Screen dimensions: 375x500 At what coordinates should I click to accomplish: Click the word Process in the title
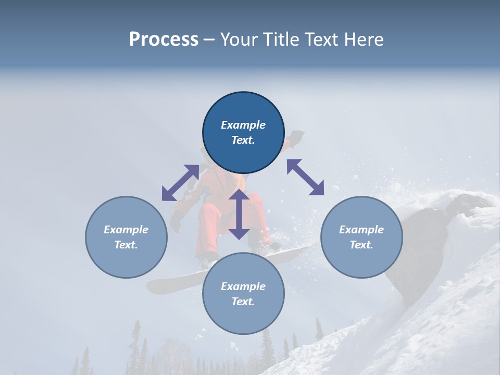[164, 40]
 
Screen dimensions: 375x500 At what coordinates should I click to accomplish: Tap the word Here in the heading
[364, 40]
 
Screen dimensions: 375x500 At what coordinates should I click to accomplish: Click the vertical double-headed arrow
[239, 214]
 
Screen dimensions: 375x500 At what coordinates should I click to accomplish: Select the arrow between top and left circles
[180, 182]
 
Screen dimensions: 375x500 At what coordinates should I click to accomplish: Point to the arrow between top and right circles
[305, 177]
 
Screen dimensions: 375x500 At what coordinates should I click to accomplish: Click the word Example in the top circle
[243, 125]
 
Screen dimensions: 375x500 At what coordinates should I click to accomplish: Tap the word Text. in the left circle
[126, 245]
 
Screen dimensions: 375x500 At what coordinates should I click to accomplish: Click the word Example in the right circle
[361, 230]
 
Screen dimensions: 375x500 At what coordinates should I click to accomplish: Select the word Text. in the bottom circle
[243, 302]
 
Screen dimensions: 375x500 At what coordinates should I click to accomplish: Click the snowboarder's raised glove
[296, 137]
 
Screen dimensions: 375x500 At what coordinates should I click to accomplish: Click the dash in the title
[209, 40]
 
